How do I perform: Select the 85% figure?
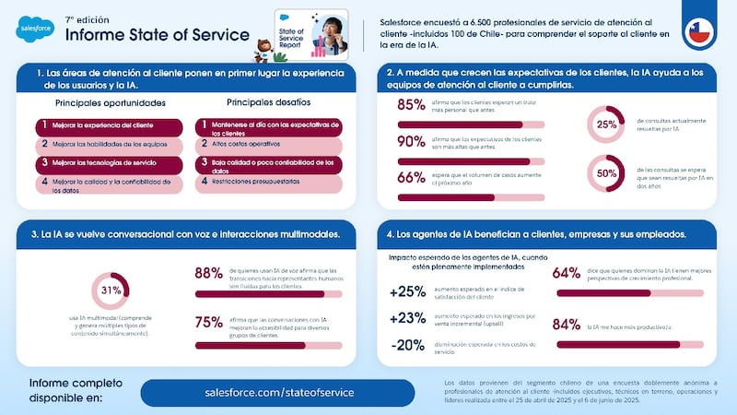pos(410,105)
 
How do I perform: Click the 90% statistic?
pos(410,141)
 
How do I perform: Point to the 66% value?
pos(410,178)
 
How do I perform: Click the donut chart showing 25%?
pos(606,125)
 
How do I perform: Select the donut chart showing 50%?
pos(606,172)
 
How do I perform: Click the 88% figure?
pos(208,273)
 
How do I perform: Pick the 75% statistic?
pos(208,323)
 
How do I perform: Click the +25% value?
pos(407,292)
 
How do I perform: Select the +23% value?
pos(407,318)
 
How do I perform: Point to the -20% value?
pos(407,345)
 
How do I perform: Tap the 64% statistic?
pos(566,273)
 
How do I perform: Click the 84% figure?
pos(566,325)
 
